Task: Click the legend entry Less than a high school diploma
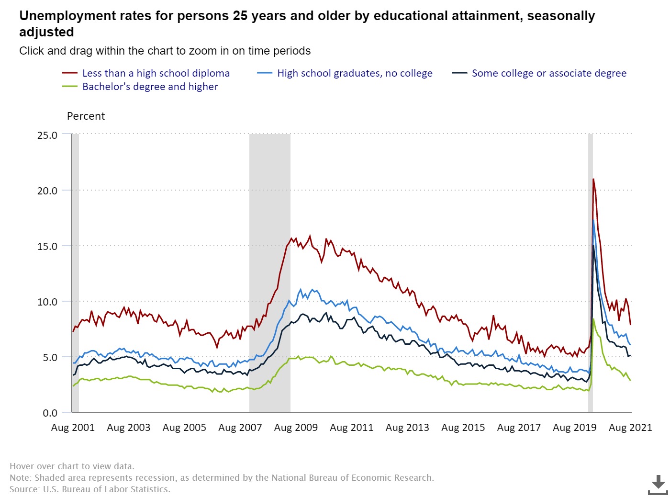[x=156, y=73]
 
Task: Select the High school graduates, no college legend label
[x=355, y=73]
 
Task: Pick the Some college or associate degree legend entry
[x=549, y=73]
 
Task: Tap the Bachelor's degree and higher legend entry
[x=150, y=87]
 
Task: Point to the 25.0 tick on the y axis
[x=47, y=135]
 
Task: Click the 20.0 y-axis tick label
[x=47, y=191]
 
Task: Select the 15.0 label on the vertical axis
[x=47, y=246]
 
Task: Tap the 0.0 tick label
[x=50, y=413]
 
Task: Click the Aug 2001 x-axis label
[x=73, y=428]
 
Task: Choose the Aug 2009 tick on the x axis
[x=296, y=428]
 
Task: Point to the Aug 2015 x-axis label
[x=463, y=428]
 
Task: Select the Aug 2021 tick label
[x=630, y=428]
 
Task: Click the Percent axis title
[x=86, y=116]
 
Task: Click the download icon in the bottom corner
[x=658, y=485]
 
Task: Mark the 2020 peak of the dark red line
[x=593, y=180]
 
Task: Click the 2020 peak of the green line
[x=593, y=319]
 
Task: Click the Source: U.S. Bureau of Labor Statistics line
[x=90, y=489]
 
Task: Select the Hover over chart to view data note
[x=72, y=466]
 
